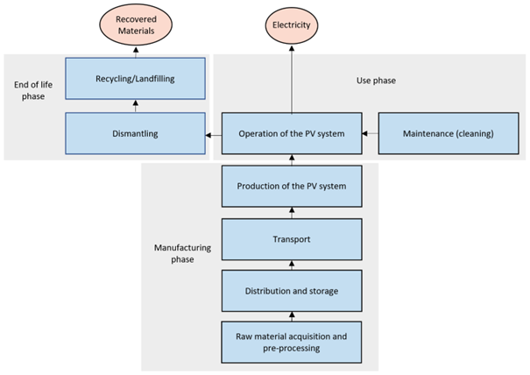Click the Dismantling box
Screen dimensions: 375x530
[x=135, y=134]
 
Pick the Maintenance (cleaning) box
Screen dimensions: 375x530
[x=447, y=134]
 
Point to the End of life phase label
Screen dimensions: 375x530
[x=32, y=90]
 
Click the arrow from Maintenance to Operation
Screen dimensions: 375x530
[x=369, y=134]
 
